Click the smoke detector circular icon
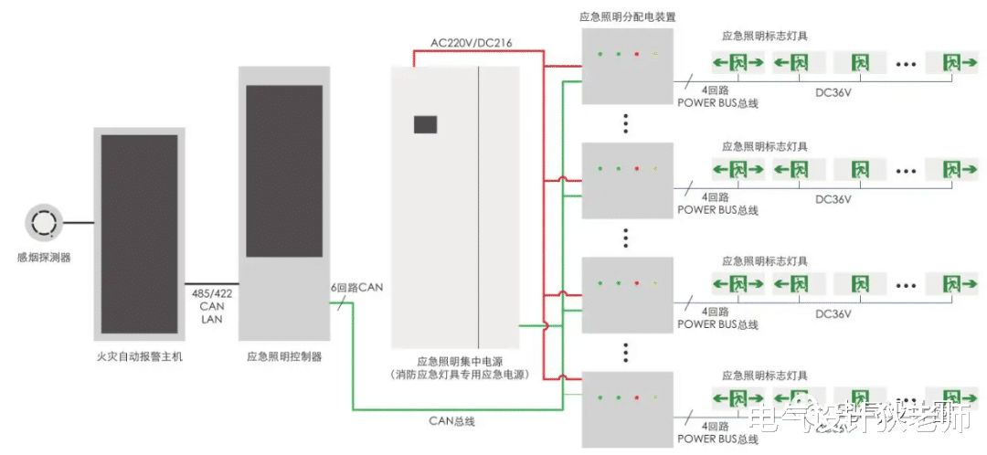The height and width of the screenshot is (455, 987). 43,222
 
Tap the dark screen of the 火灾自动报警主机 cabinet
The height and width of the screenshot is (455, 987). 139,234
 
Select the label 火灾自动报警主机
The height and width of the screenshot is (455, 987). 139,356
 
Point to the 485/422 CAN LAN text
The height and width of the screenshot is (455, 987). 212,306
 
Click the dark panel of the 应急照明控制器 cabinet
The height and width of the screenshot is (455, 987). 284,171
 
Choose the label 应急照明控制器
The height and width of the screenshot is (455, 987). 284,356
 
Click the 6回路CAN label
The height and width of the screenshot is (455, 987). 357,287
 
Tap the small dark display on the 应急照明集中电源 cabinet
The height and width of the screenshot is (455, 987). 426,124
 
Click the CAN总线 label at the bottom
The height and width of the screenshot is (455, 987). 452,421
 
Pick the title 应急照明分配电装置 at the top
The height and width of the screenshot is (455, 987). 627,16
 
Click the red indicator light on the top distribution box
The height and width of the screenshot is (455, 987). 636,55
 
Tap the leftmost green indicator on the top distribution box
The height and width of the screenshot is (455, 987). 600,55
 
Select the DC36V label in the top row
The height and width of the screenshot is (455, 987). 833,91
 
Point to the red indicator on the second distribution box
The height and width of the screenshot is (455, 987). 636,169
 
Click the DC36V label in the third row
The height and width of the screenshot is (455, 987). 833,313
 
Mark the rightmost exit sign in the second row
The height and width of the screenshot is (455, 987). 952,170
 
